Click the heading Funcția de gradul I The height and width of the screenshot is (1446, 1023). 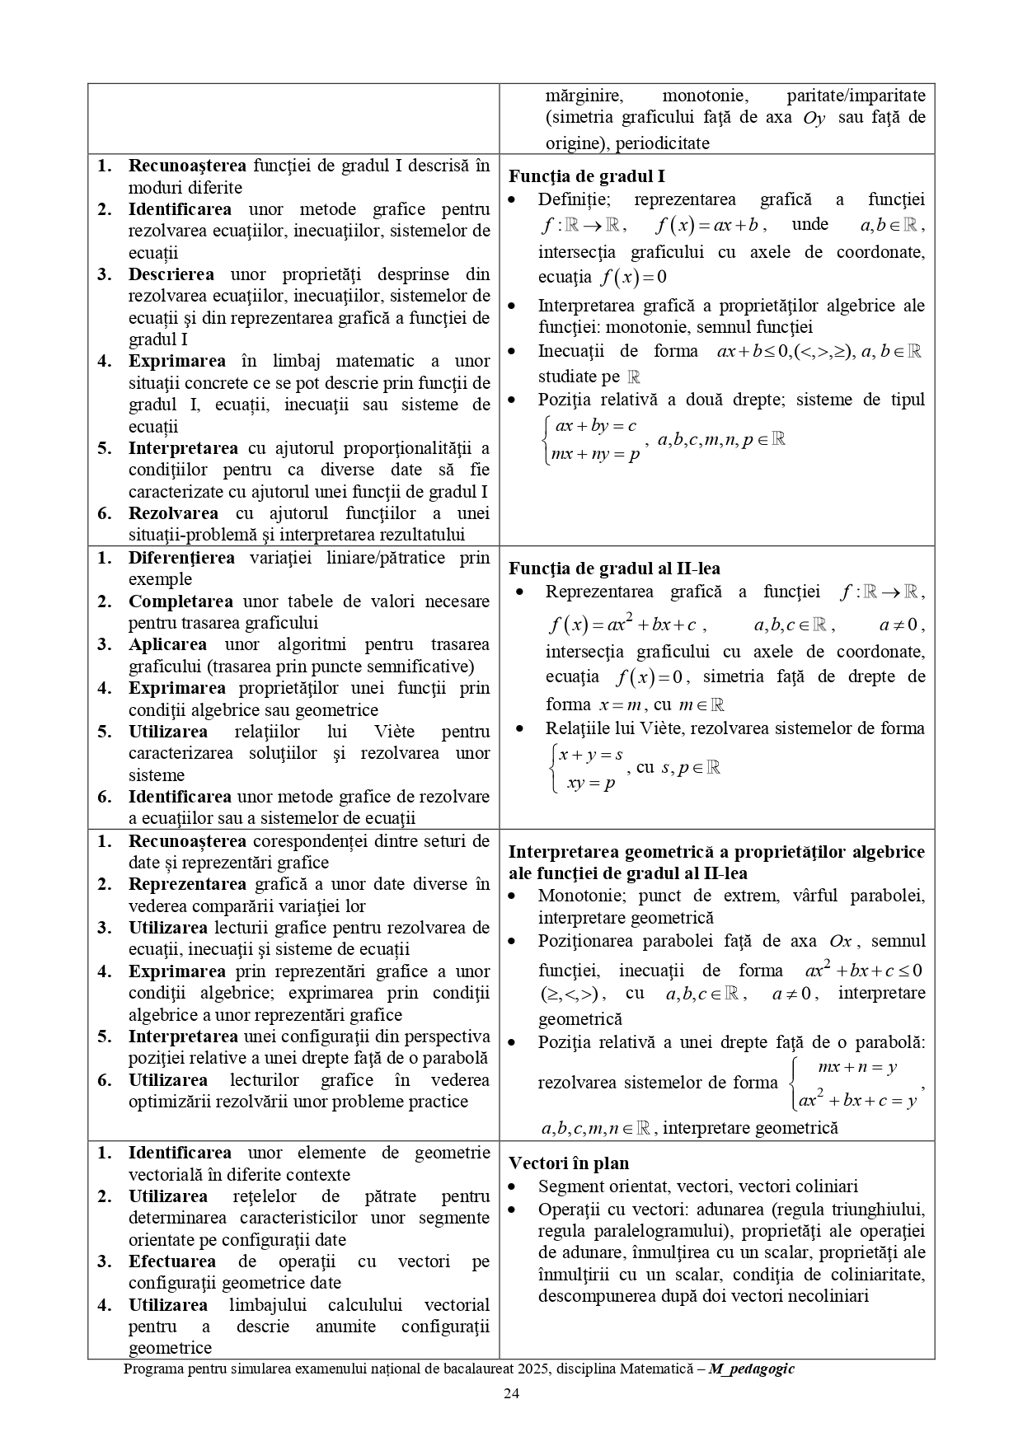pos(586,176)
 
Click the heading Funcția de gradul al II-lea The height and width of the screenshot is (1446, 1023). pos(614,569)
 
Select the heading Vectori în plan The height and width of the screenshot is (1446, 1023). pos(568,1163)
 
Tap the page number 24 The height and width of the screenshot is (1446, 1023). pos(511,1394)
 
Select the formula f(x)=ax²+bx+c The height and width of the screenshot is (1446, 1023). pos(622,625)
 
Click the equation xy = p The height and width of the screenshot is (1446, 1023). pos(591,784)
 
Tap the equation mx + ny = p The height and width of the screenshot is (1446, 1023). pos(595,454)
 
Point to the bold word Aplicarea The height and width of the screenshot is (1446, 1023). pos(167,644)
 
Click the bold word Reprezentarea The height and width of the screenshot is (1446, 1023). pos(187,884)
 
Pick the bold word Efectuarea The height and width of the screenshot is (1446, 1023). pos(171,1261)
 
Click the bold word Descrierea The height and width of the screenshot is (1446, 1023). pos(171,274)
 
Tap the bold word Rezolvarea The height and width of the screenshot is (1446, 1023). pos(173,513)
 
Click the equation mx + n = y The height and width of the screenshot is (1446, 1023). pos(856,1068)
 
